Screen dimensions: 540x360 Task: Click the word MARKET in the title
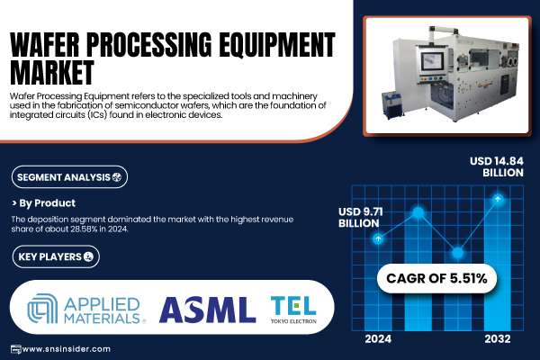(x=52, y=72)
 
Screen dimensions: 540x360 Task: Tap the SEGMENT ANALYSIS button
(x=69, y=177)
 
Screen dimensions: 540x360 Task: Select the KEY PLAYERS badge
(x=56, y=256)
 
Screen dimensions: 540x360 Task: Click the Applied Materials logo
(x=86, y=309)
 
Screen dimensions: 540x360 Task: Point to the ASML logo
(x=207, y=310)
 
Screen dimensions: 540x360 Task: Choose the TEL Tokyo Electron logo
(x=293, y=310)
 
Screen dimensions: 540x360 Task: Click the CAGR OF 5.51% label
(x=436, y=278)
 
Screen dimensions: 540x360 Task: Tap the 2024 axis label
(x=378, y=339)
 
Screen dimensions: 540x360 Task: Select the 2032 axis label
(x=498, y=339)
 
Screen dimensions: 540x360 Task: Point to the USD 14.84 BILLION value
(x=497, y=166)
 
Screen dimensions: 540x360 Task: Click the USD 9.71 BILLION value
(x=360, y=218)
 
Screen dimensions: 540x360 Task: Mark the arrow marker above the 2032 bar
(x=498, y=199)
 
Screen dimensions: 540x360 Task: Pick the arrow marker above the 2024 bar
(x=379, y=238)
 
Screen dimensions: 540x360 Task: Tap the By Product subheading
(x=44, y=203)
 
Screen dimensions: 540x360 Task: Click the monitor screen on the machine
(x=432, y=62)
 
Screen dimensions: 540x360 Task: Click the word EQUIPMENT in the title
(x=277, y=45)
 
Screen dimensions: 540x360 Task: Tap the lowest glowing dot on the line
(x=458, y=253)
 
